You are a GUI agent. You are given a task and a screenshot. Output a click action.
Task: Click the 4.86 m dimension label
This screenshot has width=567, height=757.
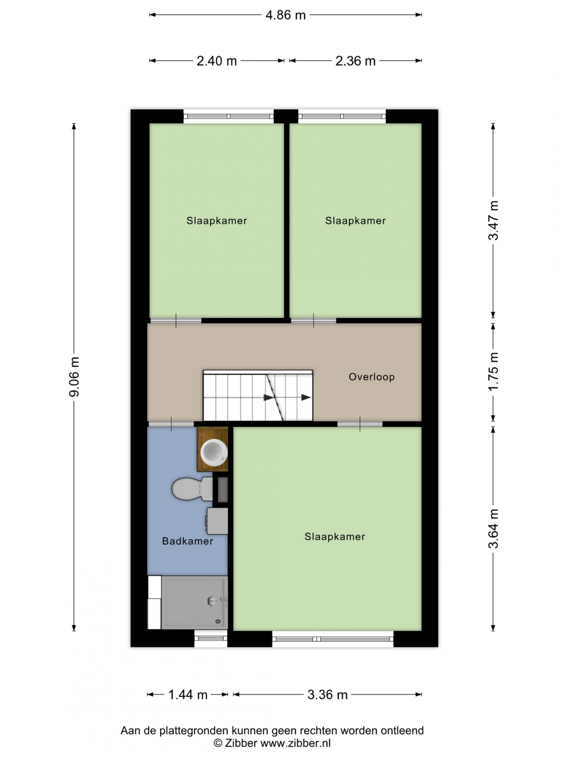point(286,15)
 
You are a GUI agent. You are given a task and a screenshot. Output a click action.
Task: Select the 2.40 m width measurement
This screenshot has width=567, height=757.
point(216,61)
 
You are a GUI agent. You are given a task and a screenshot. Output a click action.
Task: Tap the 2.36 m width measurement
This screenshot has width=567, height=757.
point(355,61)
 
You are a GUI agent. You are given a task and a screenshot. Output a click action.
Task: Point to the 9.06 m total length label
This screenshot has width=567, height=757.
point(75,377)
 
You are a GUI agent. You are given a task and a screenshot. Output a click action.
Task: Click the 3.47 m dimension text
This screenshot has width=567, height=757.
point(493,220)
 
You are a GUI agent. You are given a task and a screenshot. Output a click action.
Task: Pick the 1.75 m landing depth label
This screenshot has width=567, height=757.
point(493,372)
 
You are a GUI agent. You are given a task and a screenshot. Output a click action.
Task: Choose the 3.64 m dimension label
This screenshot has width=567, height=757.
point(493,529)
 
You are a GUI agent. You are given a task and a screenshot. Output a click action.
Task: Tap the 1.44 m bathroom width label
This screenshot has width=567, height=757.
point(187,694)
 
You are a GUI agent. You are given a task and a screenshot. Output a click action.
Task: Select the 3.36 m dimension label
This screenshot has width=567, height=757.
point(328,694)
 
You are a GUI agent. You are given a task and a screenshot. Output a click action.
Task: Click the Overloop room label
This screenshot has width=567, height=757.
point(372,376)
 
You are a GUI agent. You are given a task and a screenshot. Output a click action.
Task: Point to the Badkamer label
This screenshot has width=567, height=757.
point(187,541)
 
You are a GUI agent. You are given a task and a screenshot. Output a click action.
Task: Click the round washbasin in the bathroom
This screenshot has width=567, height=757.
point(214,452)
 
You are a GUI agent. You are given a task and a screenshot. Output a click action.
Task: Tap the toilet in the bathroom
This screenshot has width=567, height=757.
point(193,489)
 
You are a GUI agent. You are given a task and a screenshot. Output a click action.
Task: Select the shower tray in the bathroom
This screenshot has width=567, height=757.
point(194,602)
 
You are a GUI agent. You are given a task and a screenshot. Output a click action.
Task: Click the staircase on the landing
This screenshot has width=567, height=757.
point(258,395)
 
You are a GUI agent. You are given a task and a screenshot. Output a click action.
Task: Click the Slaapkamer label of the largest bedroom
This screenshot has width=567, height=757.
point(334,536)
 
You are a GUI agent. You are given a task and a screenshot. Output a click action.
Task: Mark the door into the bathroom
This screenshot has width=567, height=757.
point(171,424)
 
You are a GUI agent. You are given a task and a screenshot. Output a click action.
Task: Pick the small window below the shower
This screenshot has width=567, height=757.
point(211,638)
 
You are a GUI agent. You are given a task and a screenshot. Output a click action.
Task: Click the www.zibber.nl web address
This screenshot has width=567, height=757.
point(296,743)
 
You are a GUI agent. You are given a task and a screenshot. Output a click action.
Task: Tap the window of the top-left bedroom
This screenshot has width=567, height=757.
point(228,116)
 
